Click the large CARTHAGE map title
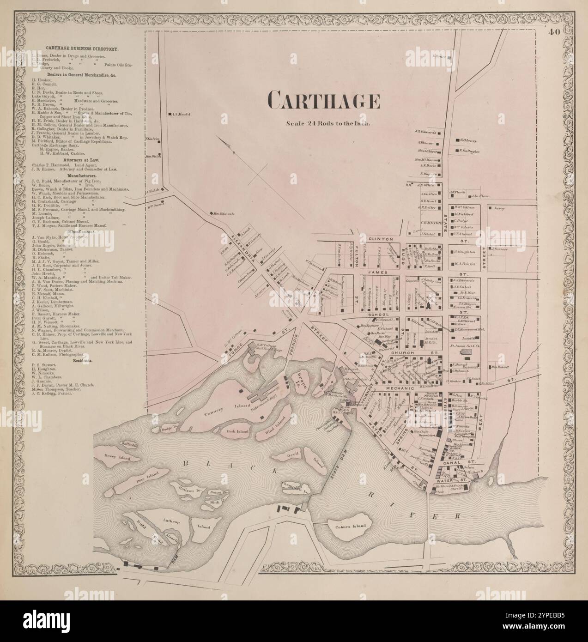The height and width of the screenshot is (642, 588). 324,100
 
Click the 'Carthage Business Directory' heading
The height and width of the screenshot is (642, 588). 82,48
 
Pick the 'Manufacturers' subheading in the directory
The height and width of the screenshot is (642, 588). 82,176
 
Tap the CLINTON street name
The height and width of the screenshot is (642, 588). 380,239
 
